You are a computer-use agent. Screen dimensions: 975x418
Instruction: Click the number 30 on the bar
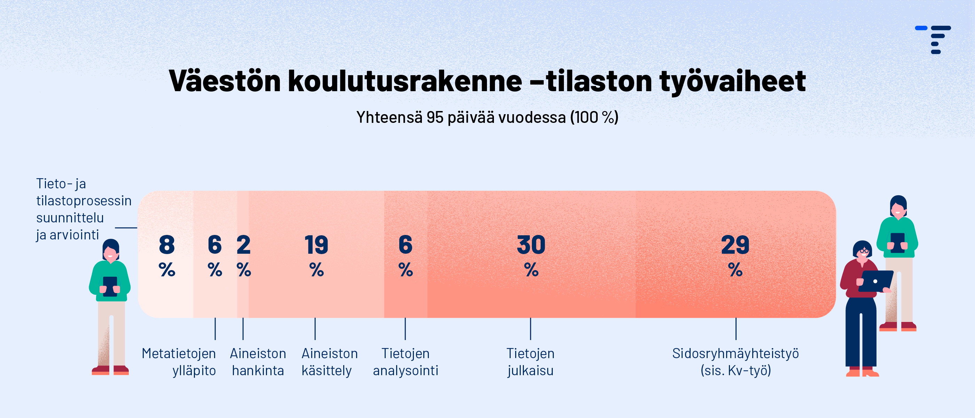pos(531,245)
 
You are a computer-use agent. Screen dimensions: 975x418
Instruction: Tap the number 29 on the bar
pos(735,245)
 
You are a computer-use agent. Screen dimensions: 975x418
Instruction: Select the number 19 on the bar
pos(316,245)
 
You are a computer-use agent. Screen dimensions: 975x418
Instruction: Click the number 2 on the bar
pos(243,245)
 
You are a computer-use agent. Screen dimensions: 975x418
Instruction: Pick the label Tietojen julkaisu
pos(530,362)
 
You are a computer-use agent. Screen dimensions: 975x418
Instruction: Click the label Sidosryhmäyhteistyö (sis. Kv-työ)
pos(736,362)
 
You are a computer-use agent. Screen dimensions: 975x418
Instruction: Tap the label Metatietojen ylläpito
pos(179,362)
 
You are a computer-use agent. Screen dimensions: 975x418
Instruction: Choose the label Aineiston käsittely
pos(329,362)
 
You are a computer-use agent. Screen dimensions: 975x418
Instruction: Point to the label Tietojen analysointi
pos(406,362)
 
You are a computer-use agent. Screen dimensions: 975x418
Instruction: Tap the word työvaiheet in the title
pos(733,81)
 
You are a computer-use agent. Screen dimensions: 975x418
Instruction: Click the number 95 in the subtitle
pos(435,117)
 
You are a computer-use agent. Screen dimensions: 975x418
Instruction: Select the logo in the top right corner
pos(933,39)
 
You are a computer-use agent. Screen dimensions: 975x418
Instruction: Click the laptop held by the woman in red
pos(875,281)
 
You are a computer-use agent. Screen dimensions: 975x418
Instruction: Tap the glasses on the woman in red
pos(864,251)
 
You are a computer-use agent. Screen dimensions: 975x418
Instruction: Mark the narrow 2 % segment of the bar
pos(243,254)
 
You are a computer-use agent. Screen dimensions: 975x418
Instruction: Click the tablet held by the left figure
pos(110,286)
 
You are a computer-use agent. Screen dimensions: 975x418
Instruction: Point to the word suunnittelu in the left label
pos(70,218)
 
